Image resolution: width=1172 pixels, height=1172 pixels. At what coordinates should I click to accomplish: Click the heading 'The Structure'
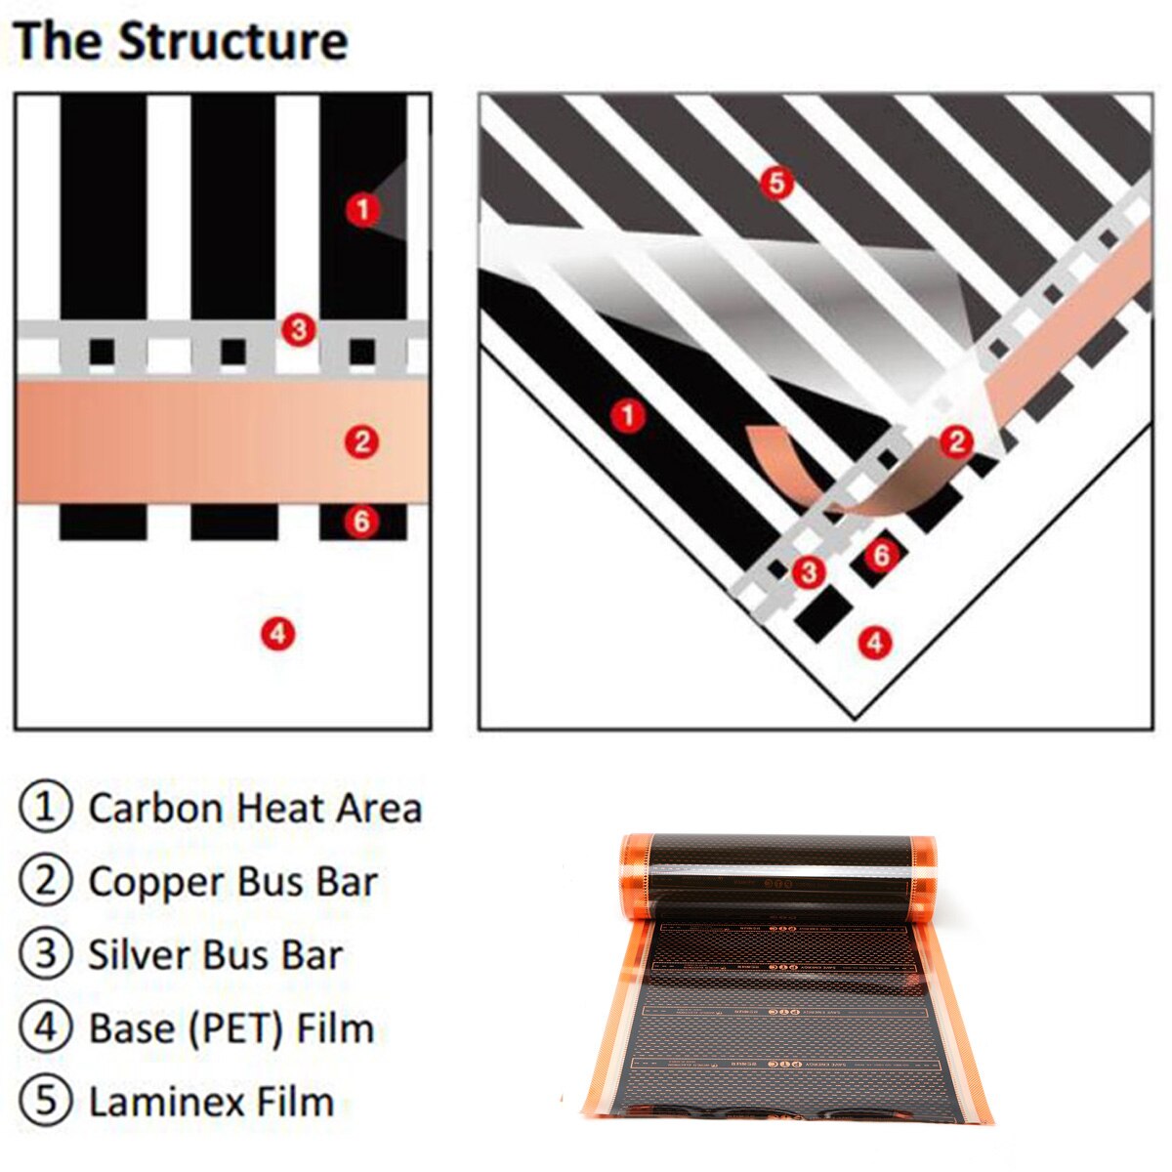coord(181,42)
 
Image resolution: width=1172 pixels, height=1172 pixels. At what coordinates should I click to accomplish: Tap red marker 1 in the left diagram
coord(362,208)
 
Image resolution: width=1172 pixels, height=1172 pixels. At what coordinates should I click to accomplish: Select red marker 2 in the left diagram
coord(361,441)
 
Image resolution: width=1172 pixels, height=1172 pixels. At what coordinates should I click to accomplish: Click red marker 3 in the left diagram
coord(299,329)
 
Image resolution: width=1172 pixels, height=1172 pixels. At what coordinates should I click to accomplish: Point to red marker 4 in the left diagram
coord(277,634)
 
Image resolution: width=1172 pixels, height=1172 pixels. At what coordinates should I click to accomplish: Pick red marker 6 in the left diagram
coord(361,521)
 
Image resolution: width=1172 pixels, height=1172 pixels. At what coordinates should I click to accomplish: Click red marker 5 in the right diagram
coord(776,182)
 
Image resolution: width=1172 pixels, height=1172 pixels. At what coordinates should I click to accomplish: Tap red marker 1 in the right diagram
coord(627,415)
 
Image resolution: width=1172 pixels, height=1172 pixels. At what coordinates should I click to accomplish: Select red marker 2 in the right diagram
coord(956,441)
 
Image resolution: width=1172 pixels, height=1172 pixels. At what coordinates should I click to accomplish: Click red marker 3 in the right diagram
coord(808,571)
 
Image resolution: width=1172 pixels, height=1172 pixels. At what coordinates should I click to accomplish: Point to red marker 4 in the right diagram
coord(874,642)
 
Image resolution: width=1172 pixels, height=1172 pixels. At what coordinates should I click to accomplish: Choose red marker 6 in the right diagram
coord(882,555)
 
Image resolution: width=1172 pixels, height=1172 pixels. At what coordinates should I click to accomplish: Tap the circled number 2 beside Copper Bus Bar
coord(46,881)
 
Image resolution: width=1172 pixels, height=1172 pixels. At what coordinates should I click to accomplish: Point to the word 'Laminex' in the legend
coord(151,1102)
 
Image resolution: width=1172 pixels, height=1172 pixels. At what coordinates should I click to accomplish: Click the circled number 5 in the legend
coord(46,1101)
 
